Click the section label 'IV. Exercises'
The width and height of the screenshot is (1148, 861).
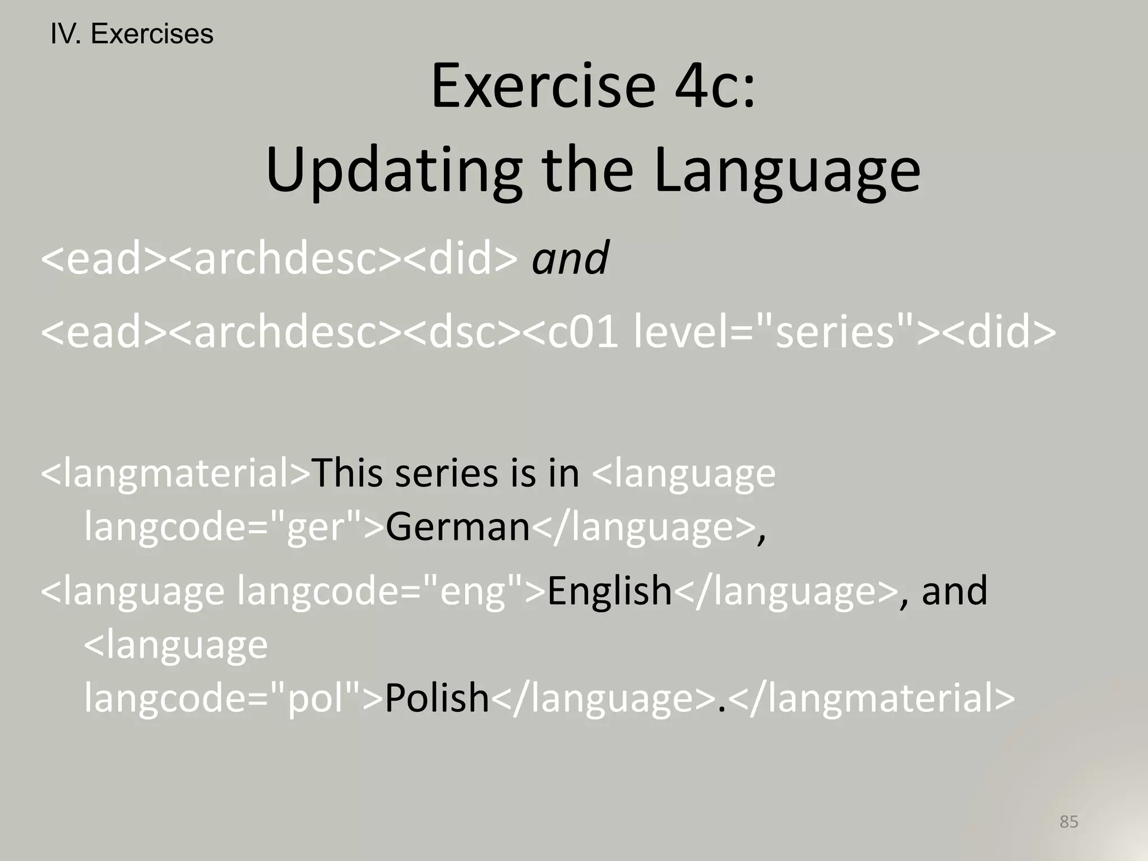pos(132,34)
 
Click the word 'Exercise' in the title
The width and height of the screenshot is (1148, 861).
pos(543,87)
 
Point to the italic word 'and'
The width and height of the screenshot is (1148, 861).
pos(570,258)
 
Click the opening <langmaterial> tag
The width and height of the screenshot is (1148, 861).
pos(175,473)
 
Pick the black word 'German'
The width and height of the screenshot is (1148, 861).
pos(457,527)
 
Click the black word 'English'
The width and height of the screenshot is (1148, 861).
pos(609,591)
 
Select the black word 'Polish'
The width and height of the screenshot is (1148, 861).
pos(437,698)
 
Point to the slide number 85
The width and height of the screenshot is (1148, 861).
pos(1068,822)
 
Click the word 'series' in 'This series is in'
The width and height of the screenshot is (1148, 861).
pos(446,473)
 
